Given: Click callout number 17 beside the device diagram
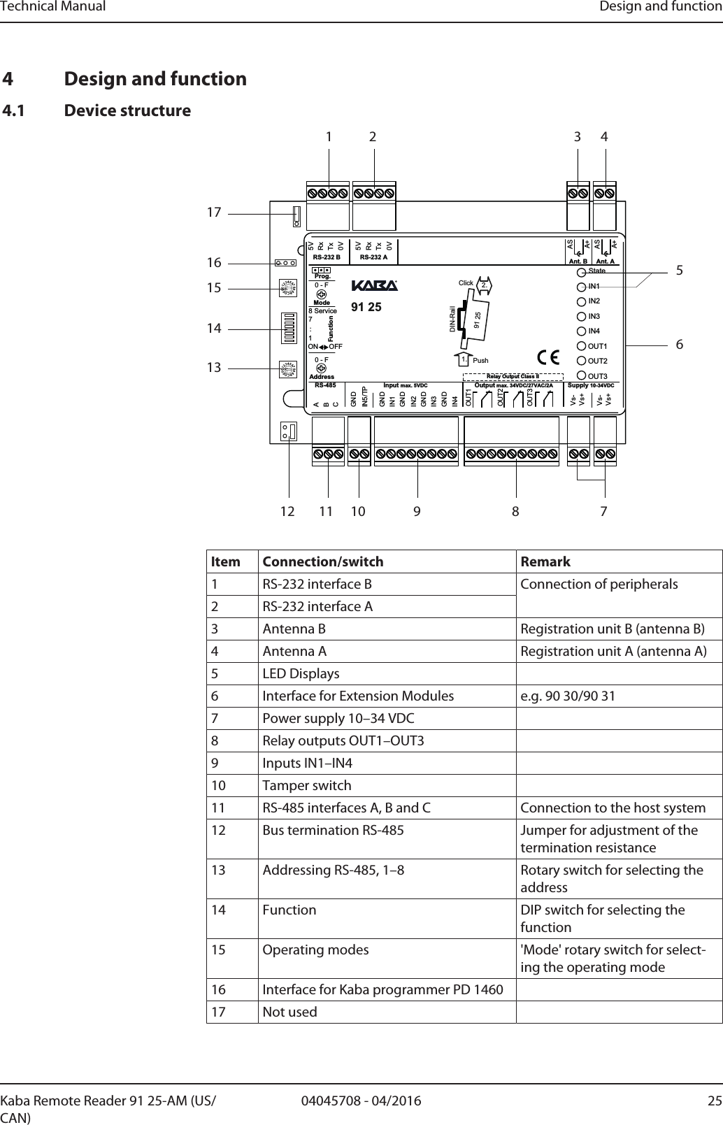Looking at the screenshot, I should tap(213, 211).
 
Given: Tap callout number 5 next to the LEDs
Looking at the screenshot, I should tap(680, 271).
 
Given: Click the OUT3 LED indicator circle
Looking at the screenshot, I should tap(581, 375).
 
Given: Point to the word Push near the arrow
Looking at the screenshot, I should tap(480, 361).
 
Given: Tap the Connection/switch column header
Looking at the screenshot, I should tap(322, 561).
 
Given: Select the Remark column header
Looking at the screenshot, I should tap(545, 561).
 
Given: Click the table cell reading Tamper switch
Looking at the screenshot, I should tap(306, 785).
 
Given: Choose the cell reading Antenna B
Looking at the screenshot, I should tap(294, 629).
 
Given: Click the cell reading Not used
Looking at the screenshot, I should tap(289, 1012).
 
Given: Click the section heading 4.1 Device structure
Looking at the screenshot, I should tap(97, 110).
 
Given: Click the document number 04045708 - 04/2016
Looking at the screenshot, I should tap(361, 1101).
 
